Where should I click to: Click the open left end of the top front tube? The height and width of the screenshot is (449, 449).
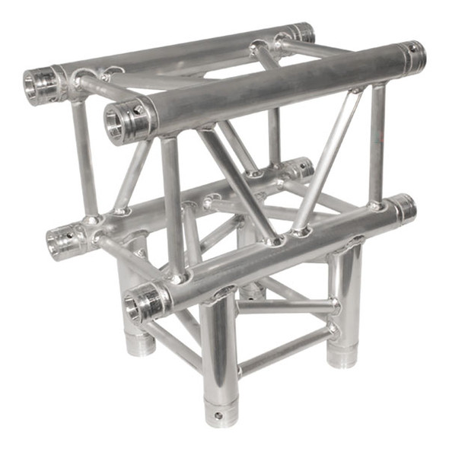pos(117,120)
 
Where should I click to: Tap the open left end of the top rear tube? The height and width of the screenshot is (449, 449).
pos(37,86)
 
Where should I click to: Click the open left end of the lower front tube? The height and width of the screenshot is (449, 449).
pos(138,305)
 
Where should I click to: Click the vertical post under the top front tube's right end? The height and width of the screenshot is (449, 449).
pos(376,145)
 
